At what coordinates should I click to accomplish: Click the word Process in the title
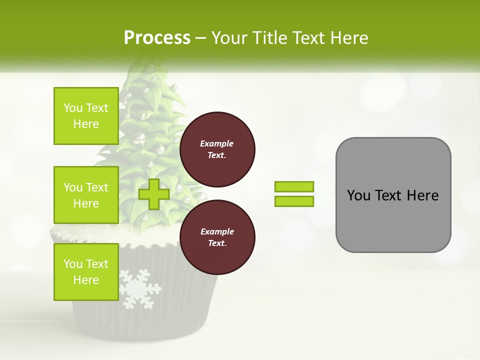(157, 38)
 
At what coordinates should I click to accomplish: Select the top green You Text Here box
(86, 116)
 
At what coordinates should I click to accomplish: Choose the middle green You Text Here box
(86, 195)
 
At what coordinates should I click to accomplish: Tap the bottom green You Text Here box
(86, 271)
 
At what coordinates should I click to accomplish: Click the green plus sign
(153, 194)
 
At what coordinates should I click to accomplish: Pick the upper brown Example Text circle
(217, 149)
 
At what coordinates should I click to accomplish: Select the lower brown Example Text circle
(217, 237)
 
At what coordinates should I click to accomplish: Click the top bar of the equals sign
(294, 186)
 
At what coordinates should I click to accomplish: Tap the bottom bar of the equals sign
(294, 201)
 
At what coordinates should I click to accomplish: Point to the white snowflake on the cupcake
(140, 289)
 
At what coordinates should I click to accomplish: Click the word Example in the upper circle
(216, 143)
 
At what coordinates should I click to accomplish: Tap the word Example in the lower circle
(216, 231)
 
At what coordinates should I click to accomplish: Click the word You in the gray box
(358, 195)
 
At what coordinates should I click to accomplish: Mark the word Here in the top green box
(86, 124)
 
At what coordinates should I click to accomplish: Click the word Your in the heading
(230, 38)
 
